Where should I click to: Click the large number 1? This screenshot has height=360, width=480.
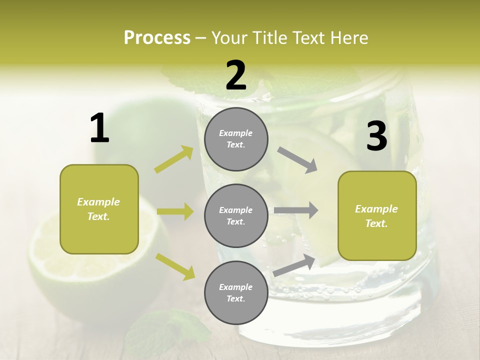[99, 128]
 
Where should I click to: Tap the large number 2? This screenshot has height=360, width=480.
[236, 75]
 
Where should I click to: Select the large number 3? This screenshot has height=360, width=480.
[376, 136]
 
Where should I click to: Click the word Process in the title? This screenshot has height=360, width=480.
[157, 38]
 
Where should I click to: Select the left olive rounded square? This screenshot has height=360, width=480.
[99, 209]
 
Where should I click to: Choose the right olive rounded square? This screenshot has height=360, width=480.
[377, 215]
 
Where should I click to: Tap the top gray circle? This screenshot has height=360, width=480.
[236, 139]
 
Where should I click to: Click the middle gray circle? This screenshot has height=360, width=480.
[236, 215]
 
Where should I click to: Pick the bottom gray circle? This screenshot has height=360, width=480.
[236, 292]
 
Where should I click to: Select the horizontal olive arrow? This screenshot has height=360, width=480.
[175, 211]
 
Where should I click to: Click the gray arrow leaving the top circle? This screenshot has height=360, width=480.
[297, 159]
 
